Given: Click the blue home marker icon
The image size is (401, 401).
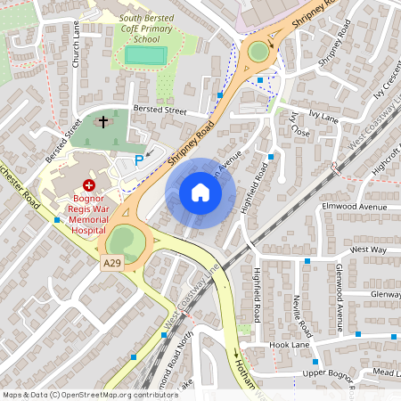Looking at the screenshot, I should [200, 192].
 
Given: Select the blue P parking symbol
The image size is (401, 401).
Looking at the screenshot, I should [138, 160].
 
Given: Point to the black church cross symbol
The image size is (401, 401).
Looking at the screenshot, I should [102, 120].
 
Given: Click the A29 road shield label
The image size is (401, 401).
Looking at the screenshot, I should [111, 263].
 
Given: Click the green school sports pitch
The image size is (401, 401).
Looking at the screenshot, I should [145, 55].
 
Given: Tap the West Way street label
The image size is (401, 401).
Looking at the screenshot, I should [369, 250].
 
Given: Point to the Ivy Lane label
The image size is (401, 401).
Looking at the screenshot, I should [324, 117].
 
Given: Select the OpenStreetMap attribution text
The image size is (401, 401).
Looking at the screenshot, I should [90, 394].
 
